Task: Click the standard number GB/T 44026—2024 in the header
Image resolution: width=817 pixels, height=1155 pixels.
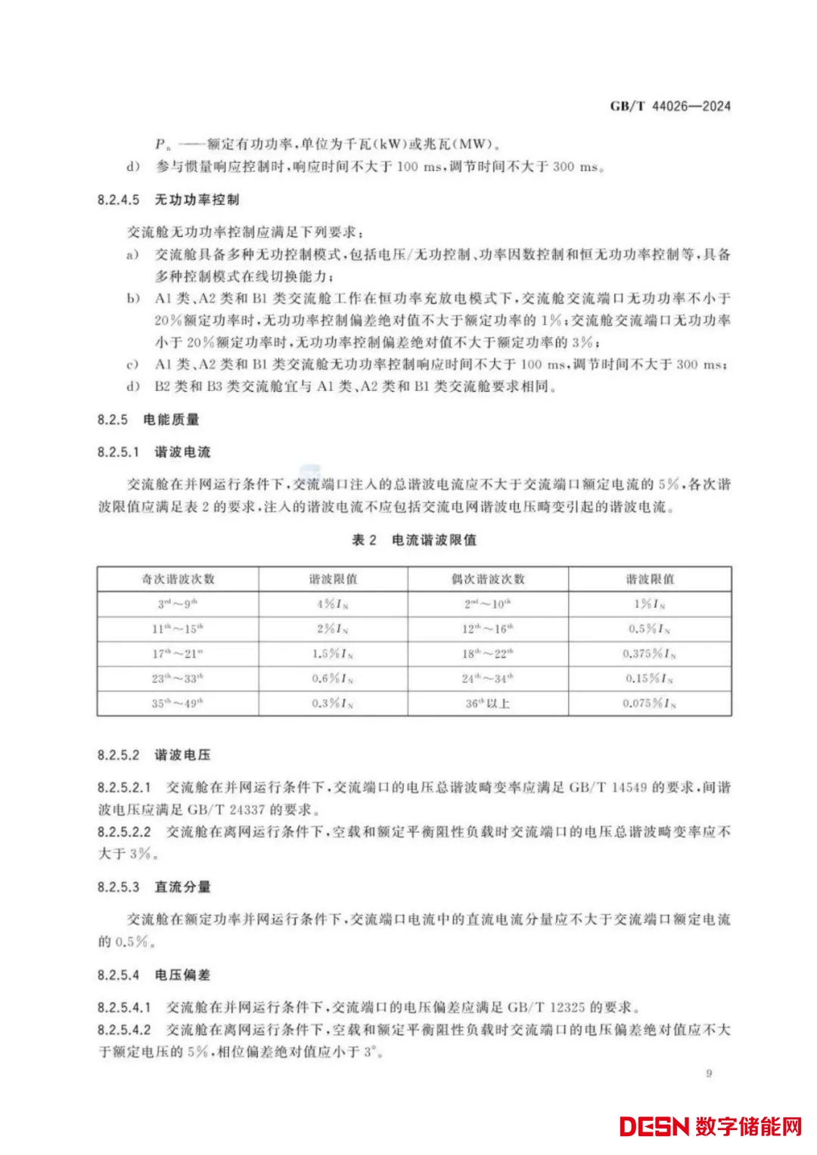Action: [670, 106]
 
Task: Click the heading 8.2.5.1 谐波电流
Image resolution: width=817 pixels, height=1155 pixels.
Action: [154, 452]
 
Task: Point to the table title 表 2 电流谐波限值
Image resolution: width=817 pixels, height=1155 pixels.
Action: [414, 540]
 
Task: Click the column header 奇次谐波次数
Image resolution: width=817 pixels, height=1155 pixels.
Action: [178, 579]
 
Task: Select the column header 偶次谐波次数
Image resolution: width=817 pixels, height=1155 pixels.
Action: [488, 579]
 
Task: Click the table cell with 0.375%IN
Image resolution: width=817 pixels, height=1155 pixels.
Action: [649, 654]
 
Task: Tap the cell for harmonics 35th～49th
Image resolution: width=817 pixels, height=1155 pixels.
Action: [178, 703]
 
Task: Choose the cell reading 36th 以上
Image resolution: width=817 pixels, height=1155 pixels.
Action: [488, 703]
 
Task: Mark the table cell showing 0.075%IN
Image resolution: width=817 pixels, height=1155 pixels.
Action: [649, 703]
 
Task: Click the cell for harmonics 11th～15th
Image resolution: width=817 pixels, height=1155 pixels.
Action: [178, 629]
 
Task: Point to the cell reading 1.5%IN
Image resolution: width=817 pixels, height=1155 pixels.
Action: [333, 654]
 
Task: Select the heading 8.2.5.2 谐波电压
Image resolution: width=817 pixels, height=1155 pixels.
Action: [154, 755]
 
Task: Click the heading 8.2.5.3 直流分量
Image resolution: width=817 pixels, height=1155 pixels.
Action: [154, 886]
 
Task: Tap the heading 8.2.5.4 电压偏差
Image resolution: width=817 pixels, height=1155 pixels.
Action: [154, 975]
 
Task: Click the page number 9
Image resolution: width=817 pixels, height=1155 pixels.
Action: [709, 1073]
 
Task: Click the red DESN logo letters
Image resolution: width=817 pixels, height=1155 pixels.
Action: [654, 1126]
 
